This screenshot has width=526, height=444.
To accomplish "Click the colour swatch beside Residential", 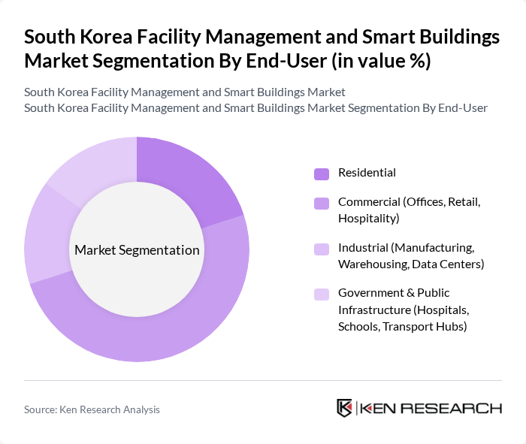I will pos(322,174).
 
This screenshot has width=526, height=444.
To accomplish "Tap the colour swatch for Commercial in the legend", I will pos(322,203).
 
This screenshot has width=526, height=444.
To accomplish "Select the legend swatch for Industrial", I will pos(322,248).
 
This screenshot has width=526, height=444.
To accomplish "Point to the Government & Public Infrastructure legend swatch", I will pos(322,293).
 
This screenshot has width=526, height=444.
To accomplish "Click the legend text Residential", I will pos(367,173).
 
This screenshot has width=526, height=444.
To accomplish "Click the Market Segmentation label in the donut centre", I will pos(137,250).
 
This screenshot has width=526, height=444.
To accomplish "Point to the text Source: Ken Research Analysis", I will pos(92,409).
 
